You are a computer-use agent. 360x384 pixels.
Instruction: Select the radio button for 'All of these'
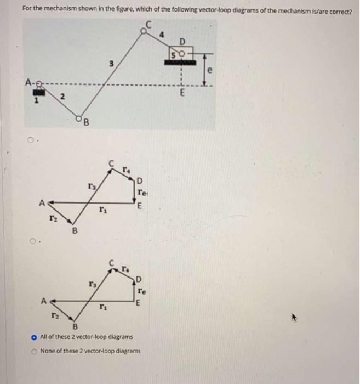point(34,336)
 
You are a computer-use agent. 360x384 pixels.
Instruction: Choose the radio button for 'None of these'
point(34,351)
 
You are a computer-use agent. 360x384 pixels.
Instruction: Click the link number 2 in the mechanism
point(62,97)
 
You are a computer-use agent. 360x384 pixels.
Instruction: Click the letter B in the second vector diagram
point(77,327)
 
